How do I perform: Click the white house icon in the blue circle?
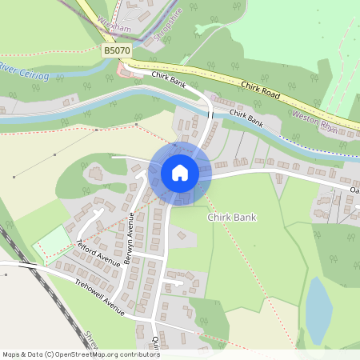coord(180,173)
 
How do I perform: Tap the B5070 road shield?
coord(116,50)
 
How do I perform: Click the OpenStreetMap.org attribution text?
coord(114,354)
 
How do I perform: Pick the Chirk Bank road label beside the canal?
coord(246,118)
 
